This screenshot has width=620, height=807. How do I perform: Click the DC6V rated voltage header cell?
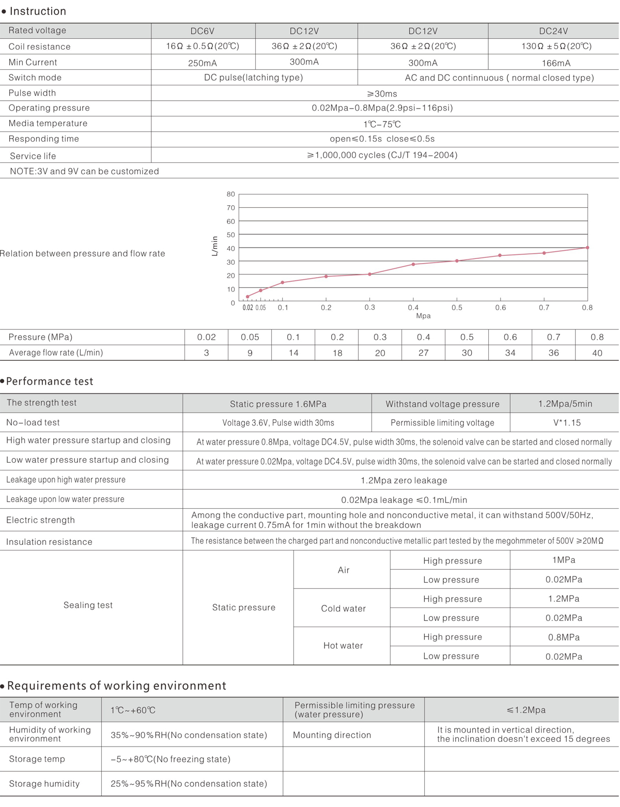point(203,31)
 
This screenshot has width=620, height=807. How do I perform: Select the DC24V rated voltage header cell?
point(553,31)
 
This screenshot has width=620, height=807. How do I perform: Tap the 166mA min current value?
point(556,63)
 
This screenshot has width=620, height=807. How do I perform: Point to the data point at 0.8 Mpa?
point(587,248)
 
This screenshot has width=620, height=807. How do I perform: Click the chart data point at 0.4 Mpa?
point(413,264)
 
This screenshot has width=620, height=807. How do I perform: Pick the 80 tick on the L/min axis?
point(230,194)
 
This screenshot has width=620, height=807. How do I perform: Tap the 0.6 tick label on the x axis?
point(500,308)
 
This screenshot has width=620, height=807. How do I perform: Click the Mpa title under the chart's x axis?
point(423,316)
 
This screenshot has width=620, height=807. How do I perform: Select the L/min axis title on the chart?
point(215,246)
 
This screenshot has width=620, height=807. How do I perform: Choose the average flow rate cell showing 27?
point(423,353)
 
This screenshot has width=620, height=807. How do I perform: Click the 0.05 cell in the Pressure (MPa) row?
point(250,337)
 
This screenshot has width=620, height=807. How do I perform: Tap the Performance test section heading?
point(50,382)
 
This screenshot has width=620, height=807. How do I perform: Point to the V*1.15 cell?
point(567,423)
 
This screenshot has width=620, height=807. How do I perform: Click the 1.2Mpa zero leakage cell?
point(404,480)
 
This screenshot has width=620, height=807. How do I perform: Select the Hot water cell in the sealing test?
point(343,646)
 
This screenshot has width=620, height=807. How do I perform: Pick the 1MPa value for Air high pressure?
point(564,560)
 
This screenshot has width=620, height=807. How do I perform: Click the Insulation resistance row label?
point(49,542)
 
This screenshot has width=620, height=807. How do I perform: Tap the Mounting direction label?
point(332,735)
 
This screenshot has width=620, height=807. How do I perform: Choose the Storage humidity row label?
point(44,784)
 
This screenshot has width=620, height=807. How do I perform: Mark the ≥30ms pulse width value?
point(382,94)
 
